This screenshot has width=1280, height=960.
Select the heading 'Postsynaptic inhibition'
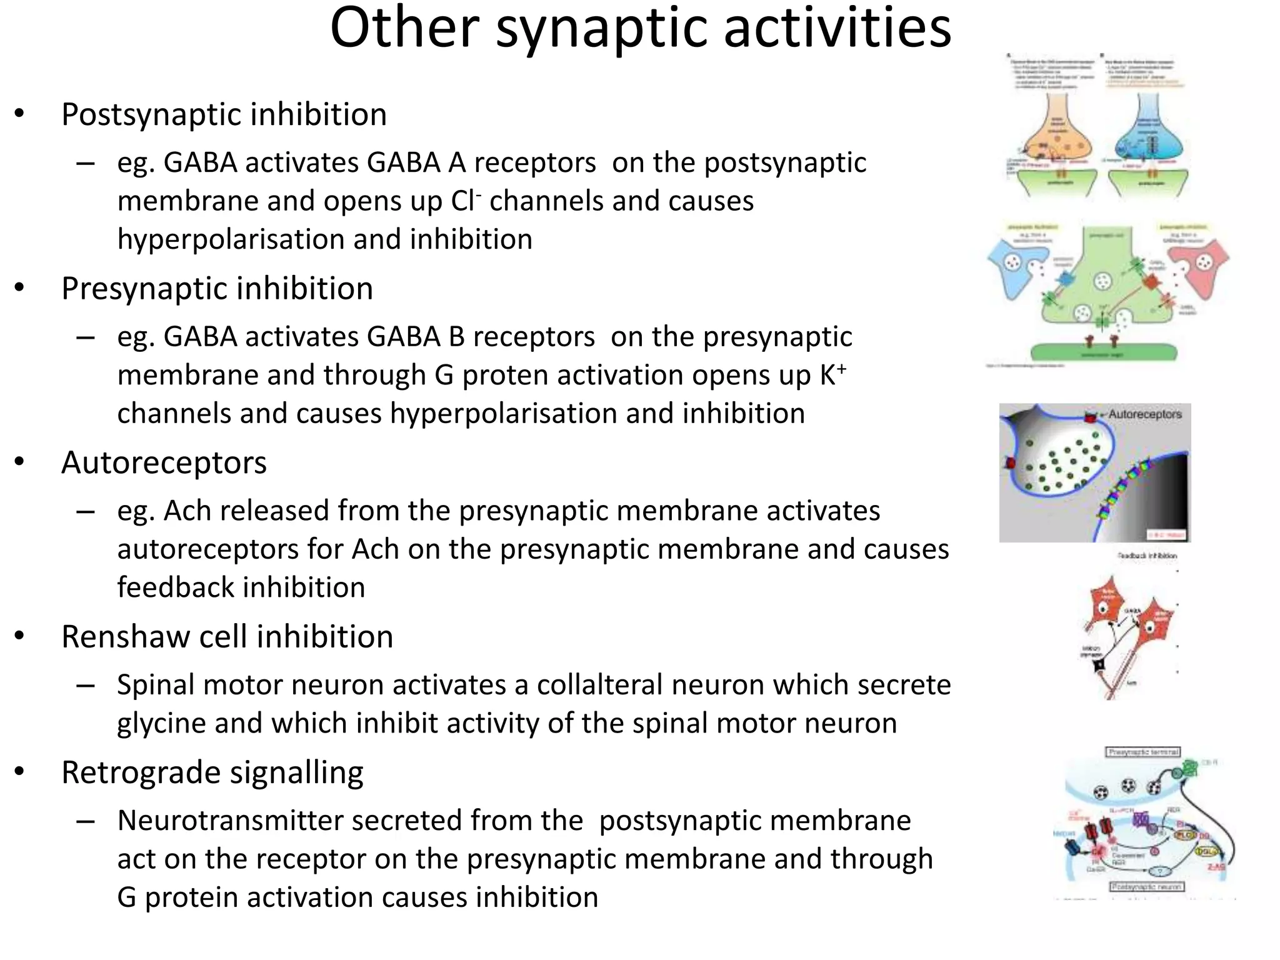(224, 114)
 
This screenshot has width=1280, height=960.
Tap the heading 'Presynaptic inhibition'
(217, 289)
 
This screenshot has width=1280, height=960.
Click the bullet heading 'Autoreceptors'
(164, 463)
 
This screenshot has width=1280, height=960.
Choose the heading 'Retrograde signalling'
(212, 772)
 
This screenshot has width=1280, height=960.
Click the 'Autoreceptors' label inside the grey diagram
(1145, 414)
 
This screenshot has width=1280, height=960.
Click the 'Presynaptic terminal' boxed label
(1143, 752)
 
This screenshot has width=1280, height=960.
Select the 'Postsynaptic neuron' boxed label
(1147, 886)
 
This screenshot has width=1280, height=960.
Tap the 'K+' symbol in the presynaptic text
(832, 375)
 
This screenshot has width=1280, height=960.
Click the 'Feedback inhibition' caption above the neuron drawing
(1147, 555)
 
